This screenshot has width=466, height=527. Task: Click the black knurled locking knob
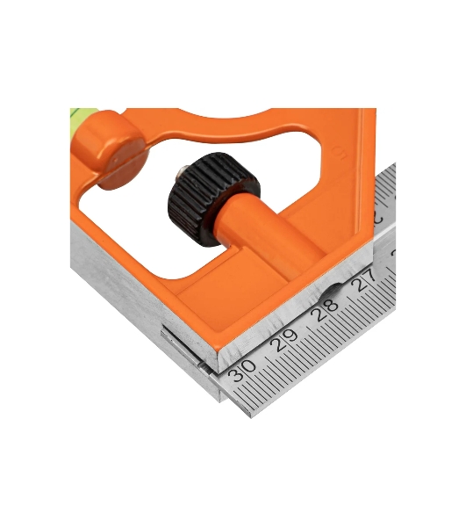coord(213,199)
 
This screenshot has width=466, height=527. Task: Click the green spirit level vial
coord(83,112)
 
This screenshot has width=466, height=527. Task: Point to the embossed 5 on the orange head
coord(339,153)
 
